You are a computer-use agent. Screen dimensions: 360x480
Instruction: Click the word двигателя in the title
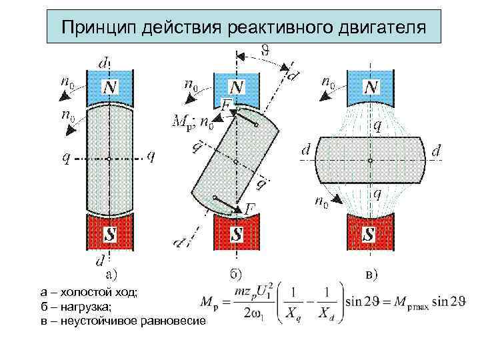click(x=382, y=28)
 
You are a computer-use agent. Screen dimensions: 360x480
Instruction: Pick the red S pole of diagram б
click(x=236, y=233)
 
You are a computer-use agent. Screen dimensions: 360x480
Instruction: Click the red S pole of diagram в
click(x=369, y=233)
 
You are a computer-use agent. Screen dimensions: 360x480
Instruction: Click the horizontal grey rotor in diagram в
click(x=369, y=160)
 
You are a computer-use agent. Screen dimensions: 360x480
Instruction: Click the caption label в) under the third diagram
click(x=371, y=274)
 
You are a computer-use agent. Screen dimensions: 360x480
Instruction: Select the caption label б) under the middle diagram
click(x=239, y=274)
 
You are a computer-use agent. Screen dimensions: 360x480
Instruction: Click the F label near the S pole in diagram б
click(x=249, y=209)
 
